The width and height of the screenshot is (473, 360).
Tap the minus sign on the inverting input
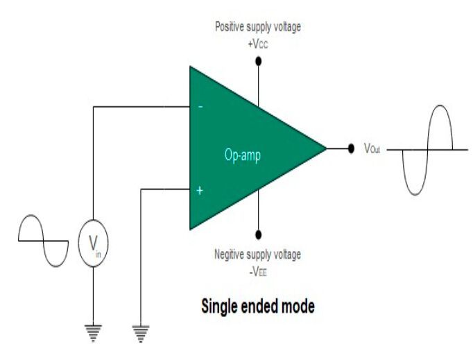click(x=201, y=107)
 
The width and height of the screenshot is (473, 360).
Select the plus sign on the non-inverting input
click(x=200, y=189)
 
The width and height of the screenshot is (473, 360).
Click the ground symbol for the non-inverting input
click(x=141, y=334)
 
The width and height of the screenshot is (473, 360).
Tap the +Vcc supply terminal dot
click(x=259, y=61)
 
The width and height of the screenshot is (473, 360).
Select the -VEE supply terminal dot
click(x=259, y=234)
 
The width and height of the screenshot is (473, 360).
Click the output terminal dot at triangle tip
click(x=351, y=148)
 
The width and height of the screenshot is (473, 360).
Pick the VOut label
click(x=374, y=149)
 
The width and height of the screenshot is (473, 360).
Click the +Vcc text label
click(x=259, y=43)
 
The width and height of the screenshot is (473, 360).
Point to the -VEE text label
click(x=258, y=271)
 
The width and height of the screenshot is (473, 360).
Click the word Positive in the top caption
click(x=230, y=28)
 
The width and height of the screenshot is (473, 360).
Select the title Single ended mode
click(x=257, y=305)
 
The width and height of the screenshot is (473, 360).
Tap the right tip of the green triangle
click(x=326, y=148)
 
